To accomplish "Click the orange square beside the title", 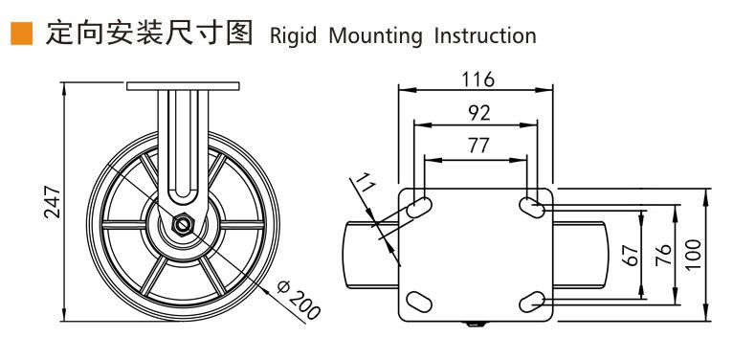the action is (22, 34).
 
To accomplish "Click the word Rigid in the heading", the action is (293, 36).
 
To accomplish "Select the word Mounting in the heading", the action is (374, 36).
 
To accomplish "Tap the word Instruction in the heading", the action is (485, 35).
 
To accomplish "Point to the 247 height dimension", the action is (53, 201).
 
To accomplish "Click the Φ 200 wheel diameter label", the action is (299, 299).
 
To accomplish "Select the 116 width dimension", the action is (477, 79).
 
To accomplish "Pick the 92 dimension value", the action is (478, 113).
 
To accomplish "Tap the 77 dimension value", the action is (478, 146).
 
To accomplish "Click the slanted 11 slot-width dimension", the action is (364, 185).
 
